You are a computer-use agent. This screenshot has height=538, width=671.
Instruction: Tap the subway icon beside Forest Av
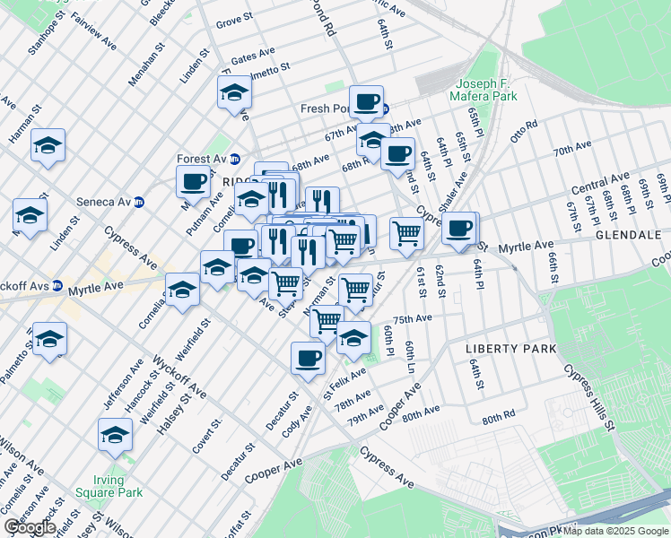[235, 160]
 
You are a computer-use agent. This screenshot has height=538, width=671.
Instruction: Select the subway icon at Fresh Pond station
[384, 109]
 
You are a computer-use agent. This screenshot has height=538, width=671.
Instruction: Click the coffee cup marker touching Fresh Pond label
[366, 101]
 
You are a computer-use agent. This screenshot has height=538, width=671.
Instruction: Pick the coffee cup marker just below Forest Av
[193, 181]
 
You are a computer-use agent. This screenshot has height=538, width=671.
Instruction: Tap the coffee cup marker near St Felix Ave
[308, 358]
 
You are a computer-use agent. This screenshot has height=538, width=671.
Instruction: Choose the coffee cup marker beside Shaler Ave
[460, 228]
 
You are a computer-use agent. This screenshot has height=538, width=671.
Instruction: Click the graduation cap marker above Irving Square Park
[115, 435]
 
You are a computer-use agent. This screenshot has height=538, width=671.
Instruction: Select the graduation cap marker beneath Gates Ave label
[234, 92]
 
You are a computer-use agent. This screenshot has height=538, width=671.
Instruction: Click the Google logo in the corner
[29, 527]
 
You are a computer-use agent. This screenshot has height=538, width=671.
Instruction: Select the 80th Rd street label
[498, 419]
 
